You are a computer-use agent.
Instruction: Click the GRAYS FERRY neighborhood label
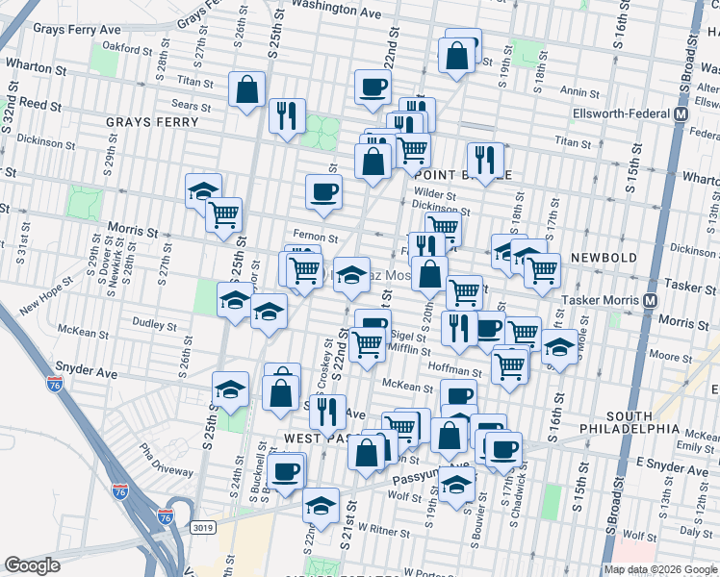[152, 122]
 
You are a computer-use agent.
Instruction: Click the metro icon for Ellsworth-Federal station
[681, 113]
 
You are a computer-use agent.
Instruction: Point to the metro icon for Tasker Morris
[652, 299]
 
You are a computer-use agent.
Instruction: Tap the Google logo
[33, 565]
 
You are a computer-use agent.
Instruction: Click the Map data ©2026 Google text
[659, 569]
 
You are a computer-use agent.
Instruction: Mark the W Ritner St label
[378, 529]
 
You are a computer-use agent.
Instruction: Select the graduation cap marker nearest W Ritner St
[321, 504]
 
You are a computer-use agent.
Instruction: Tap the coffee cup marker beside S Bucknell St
[286, 470]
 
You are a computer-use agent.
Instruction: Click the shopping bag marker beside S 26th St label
[247, 89]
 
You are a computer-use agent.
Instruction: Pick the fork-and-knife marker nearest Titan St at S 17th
[484, 159]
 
